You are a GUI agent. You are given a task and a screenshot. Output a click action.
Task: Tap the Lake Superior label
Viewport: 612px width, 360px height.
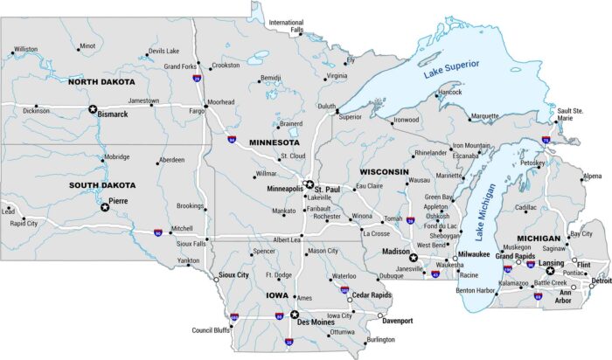(452, 69)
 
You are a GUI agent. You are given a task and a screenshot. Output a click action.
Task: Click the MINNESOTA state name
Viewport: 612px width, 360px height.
(274, 142)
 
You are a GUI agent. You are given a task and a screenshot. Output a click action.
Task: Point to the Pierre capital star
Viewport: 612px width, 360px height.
(105, 207)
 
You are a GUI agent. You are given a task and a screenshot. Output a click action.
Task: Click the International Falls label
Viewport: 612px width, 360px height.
(286, 26)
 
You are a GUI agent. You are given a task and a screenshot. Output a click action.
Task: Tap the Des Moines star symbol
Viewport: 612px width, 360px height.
(295, 315)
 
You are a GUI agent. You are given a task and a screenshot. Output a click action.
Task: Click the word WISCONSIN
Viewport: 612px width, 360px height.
(384, 171)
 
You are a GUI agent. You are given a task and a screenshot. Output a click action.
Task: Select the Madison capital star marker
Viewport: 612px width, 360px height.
(413, 258)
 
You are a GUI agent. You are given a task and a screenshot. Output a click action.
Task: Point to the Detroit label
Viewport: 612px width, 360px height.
(601, 280)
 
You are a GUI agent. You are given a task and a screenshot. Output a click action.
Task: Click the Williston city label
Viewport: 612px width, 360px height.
(25, 49)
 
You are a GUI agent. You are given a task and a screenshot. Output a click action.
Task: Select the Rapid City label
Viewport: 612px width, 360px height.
(24, 223)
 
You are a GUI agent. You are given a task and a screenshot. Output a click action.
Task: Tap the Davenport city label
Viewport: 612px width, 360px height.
(397, 321)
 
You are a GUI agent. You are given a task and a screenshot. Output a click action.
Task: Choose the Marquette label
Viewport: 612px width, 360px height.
(484, 115)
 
